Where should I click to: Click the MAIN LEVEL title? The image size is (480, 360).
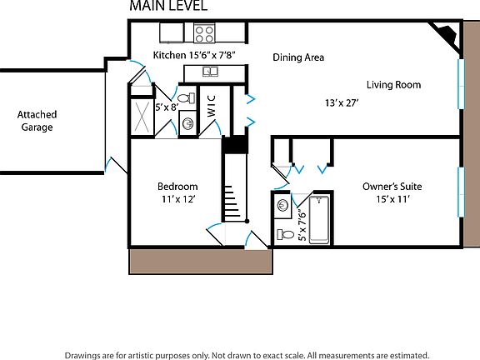[168, 6]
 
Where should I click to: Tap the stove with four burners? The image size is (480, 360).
[204, 33]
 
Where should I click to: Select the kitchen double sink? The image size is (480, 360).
[210, 72]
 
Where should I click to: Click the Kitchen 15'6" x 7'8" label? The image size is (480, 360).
[194, 55]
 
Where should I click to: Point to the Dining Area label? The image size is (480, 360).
[298, 57]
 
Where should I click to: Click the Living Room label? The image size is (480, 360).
[393, 84]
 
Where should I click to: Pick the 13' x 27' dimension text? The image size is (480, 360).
[342, 102]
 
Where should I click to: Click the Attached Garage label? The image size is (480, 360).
[37, 121]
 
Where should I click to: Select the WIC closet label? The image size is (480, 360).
[211, 106]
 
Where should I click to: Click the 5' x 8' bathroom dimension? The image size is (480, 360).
[167, 107]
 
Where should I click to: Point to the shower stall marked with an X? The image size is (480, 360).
[142, 116]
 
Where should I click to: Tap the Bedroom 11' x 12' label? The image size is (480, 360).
[177, 192]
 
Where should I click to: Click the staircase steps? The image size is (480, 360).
[232, 201]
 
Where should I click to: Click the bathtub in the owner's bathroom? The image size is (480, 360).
[319, 220]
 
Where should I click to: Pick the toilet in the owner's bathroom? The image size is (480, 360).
[286, 235]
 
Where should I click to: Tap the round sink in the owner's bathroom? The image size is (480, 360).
[282, 205]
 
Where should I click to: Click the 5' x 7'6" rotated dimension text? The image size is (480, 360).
[302, 225]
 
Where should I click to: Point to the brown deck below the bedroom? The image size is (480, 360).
[201, 261]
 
